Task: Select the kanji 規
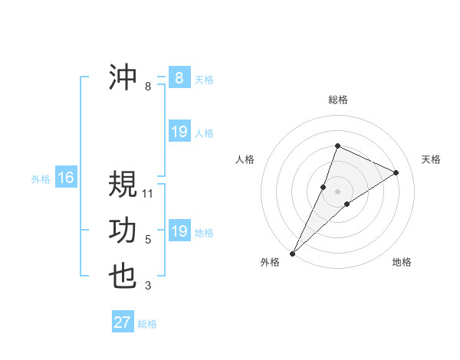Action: click(123, 185)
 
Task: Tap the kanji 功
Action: click(123, 231)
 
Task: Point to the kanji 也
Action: click(123, 277)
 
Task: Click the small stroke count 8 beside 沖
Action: click(148, 87)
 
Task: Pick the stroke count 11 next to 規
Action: click(148, 194)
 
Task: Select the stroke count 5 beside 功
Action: click(148, 240)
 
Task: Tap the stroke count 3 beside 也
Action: click(148, 286)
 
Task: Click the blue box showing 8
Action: click(179, 77)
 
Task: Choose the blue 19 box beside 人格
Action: click(179, 132)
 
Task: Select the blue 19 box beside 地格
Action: click(179, 231)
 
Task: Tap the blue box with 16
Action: click(66, 178)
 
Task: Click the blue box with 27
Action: click(122, 322)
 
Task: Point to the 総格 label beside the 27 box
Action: click(148, 324)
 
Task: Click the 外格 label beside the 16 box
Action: click(41, 179)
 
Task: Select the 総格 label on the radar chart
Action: click(337, 100)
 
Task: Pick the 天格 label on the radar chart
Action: click(431, 159)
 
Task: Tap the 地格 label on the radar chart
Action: click(402, 262)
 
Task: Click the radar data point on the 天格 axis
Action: click(396, 172)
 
